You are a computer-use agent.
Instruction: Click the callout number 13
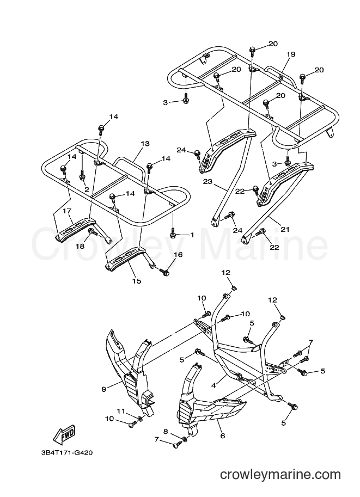[x=145, y=144]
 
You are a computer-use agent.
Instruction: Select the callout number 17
[x=67, y=211]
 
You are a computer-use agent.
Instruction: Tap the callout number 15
[x=137, y=281]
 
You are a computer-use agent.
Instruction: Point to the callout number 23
[x=208, y=182]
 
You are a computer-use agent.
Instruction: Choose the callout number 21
[x=285, y=229]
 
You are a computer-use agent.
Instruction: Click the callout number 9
[x=103, y=389]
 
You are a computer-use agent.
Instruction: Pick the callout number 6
[x=222, y=436]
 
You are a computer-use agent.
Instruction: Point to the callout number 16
[x=178, y=255]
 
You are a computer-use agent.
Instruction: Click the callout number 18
[x=80, y=246]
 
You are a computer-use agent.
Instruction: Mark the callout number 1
[x=192, y=235]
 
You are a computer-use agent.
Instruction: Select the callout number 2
[x=87, y=189]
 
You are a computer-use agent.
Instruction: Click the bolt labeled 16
[x=164, y=272]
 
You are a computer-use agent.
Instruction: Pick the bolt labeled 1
[x=173, y=232]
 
